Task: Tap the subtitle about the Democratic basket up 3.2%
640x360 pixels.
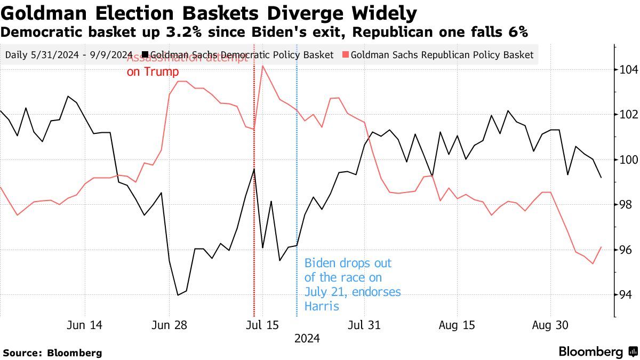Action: [264, 32]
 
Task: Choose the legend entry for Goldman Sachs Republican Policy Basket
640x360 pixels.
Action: [438, 55]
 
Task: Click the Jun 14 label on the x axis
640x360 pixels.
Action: [85, 325]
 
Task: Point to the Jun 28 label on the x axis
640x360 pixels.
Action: [169, 325]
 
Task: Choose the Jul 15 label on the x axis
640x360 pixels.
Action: [263, 325]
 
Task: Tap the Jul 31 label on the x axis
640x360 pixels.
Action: [365, 325]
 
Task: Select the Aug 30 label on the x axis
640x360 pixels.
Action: [550, 325]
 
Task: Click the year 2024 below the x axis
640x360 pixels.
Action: [307, 339]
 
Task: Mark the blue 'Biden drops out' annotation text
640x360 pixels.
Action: [352, 285]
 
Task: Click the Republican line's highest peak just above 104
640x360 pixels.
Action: [262, 66]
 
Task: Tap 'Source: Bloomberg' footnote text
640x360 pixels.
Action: [52, 353]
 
